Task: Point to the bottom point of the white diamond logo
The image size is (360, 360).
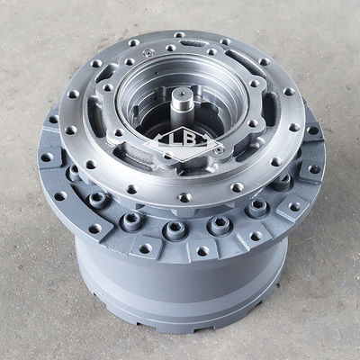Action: point(184,162)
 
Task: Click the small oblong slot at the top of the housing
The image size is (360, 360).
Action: point(192,44)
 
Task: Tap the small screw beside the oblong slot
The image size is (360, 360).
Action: point(148,53)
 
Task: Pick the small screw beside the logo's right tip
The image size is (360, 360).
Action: point(219,150)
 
